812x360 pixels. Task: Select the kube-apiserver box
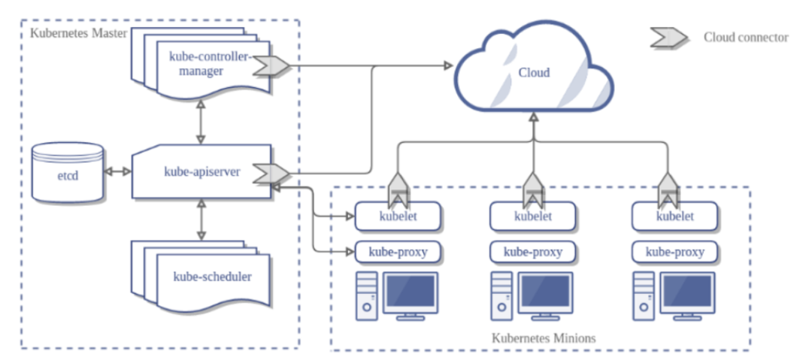tap(201, 171)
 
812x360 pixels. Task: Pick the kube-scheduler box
tap(210, 277)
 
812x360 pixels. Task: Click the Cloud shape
tap(534, 72)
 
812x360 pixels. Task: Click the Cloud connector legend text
tap(746, 37)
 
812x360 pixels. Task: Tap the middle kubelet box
tap(532, 216)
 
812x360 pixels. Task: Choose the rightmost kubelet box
tap(674, 216)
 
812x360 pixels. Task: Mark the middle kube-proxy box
tap(532, 252)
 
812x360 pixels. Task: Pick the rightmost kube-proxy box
tap(674, 252)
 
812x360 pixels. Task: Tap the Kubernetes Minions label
tap(543, 338)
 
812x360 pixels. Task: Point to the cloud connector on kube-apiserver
tap(265, 173)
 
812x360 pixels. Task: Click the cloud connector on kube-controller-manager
tap(270, 65)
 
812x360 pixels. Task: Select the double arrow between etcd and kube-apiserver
tap(117, 172)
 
